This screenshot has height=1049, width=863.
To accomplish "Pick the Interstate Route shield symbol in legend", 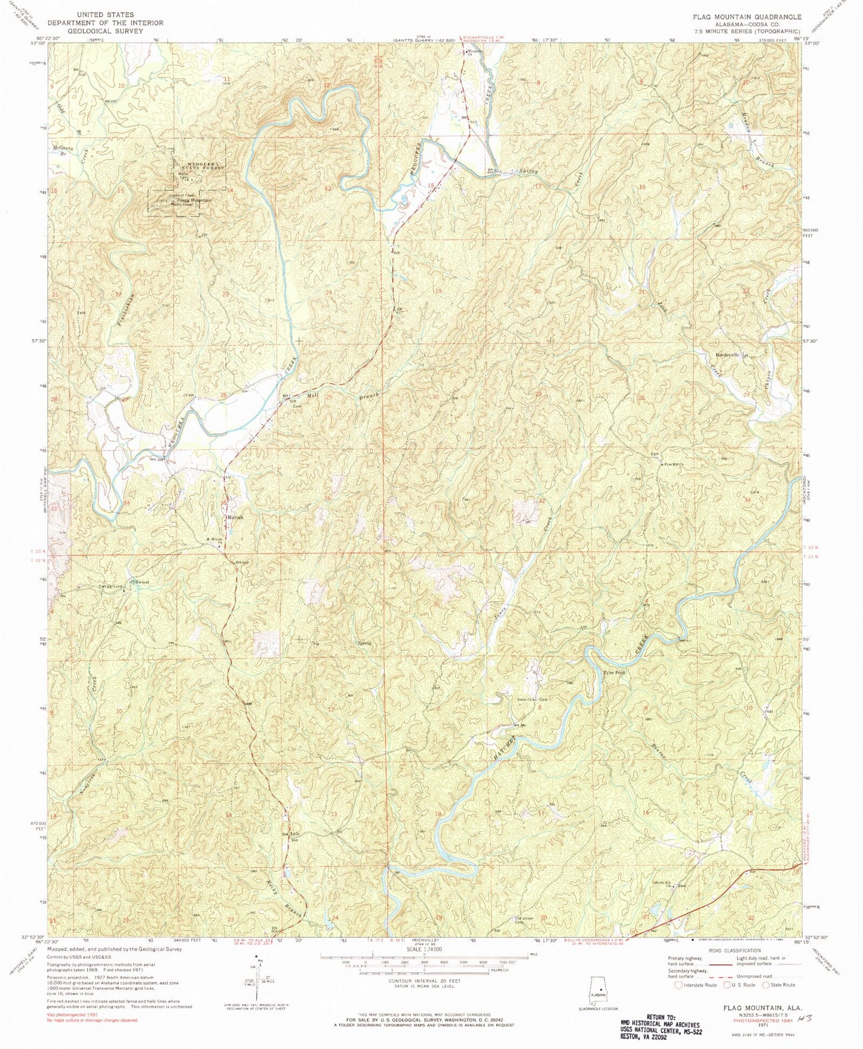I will point(677,985).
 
